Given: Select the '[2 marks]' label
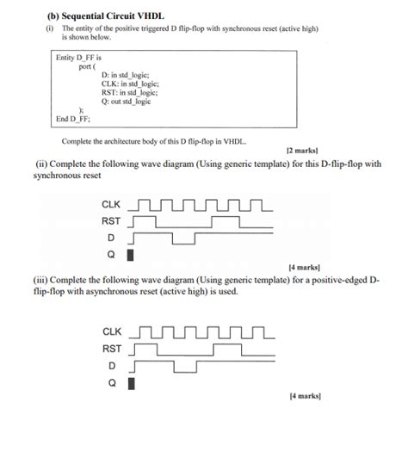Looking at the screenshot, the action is point(303,149).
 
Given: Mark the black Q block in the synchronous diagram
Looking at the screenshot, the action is point(131,255).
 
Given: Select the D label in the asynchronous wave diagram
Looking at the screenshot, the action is point(110,367).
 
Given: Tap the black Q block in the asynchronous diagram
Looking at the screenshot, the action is point(131,383).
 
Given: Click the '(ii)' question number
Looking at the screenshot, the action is point(44,163).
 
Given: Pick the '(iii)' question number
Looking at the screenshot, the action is point(46,280).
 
